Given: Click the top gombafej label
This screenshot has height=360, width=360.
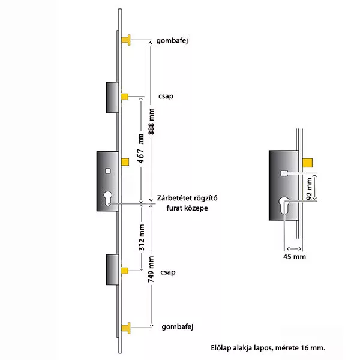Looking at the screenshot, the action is (172, 41).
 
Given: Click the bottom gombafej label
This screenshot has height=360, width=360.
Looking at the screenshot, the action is (178, 327).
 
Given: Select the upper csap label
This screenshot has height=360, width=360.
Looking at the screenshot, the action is (166, 96).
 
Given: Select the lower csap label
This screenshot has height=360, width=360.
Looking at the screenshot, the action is (168, 272).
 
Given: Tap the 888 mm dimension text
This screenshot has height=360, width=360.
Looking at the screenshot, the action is (151, 121).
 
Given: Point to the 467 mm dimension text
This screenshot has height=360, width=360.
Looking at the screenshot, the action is (141, 149).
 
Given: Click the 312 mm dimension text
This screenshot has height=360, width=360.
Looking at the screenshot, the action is (142, 238).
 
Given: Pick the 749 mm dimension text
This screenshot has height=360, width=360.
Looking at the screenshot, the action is (151, 269).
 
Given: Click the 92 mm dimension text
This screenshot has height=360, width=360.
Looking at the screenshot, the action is (309, 188).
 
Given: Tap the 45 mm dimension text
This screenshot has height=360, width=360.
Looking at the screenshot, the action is (295, 256).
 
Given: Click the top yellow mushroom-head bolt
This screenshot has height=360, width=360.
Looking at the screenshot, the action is (126, 40).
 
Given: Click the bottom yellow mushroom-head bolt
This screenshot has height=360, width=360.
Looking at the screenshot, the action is (126, 328).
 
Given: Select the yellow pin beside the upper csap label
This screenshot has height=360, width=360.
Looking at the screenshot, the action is (125, 97).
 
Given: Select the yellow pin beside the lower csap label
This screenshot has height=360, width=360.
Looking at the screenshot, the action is (125, 271).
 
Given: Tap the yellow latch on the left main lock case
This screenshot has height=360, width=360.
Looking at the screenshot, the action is (125, 162).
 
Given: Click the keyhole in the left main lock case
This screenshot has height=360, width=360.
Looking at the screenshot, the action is (107, 199).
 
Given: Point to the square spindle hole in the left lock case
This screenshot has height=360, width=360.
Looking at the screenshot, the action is (107, 171).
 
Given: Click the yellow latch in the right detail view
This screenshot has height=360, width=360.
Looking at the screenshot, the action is (307, 163).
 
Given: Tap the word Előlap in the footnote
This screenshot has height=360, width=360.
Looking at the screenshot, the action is (221, 348).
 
